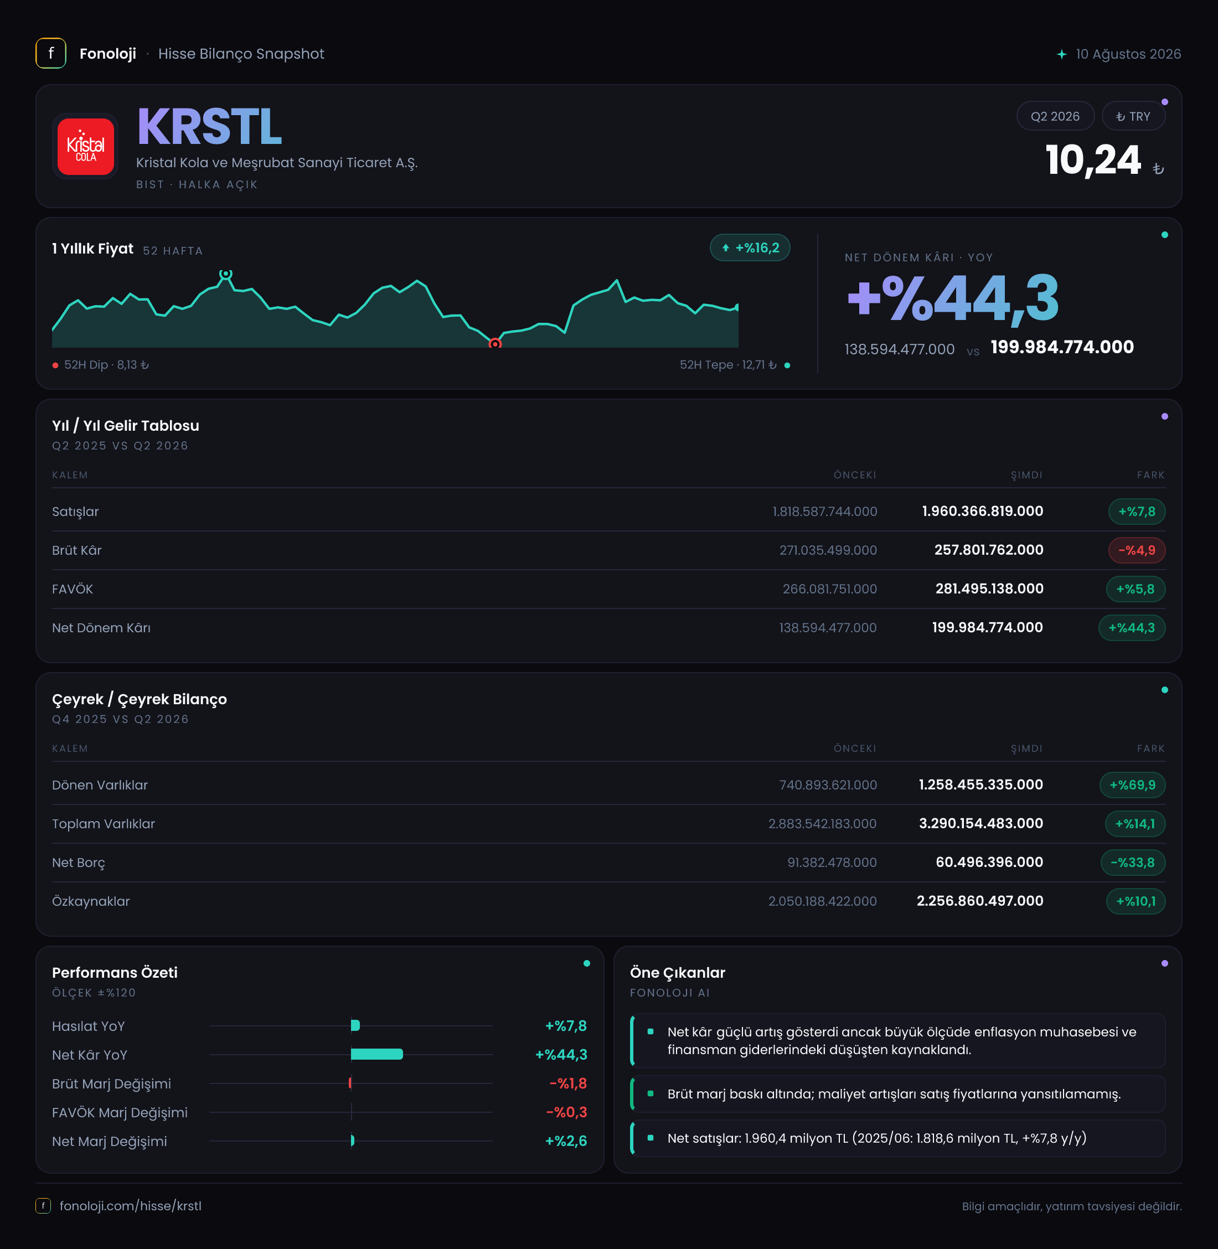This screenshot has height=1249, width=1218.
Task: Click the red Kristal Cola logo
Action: [x=86, y=147]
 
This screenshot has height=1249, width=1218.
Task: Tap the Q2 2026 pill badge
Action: [x=1055, y=116]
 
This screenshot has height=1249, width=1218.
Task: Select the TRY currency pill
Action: [x=1133, y=116]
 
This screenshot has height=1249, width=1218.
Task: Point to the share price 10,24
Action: [x=1093, y=160]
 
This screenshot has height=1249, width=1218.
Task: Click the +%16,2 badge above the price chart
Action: [x=750, y=248]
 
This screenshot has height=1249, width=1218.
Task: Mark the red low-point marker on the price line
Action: [x=495, y=344]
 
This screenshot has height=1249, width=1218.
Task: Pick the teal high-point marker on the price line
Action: [x=226, y=274]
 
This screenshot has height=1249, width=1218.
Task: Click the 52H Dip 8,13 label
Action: [x=101, y=365]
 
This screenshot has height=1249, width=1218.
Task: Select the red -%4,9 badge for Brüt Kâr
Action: [x=1136, y=550]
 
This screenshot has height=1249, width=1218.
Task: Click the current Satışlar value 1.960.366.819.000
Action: [x=982, y=511]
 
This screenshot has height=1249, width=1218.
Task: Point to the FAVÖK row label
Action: [x=73, y=589]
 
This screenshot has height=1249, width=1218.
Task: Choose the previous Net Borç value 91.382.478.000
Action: [x=832, y=863]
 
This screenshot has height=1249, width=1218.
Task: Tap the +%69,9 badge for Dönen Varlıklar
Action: [x=1132, y=785]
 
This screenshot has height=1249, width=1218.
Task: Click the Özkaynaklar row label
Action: [x=91, y=901]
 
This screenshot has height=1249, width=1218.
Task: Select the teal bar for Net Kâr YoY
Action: [x=377, y=1055]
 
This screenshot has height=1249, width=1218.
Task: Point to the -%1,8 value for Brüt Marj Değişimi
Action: [x=568, y=1083]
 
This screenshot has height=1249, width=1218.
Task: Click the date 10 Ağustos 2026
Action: [x=1128, y=54]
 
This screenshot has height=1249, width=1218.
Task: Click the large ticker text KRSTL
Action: [x=209, y=127]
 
